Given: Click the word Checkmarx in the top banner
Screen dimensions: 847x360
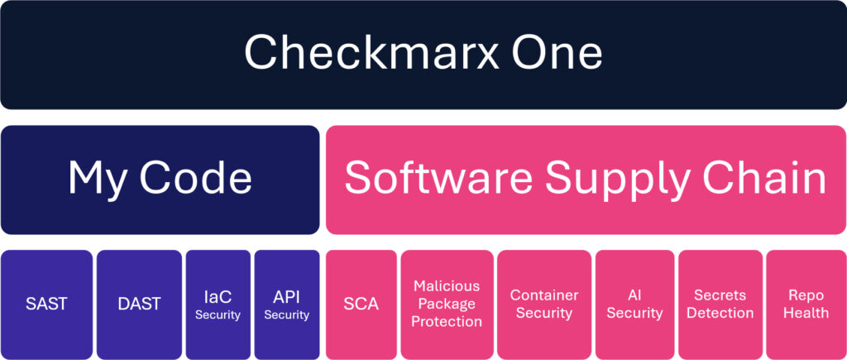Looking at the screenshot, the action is (x=366, y=52).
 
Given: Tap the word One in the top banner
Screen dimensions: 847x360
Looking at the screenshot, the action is (x=557, y=52).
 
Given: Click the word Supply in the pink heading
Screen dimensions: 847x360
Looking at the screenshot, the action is (x=619, y=180).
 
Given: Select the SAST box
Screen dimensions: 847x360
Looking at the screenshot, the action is (x=46, y=305).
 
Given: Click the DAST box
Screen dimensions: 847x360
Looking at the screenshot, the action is (x=139, y=305).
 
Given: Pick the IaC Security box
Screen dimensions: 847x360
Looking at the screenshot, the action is (x=218, y=305).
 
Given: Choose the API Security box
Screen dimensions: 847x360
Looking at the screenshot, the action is (x=287, y=305).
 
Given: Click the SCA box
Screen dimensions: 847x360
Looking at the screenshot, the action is (x=361, y=305).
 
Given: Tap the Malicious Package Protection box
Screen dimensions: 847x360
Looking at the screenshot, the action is (x=447, y=305).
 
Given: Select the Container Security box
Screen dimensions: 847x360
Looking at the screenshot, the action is (x=544, y=305).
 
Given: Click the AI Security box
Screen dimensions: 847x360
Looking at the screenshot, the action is (x=634, y=305).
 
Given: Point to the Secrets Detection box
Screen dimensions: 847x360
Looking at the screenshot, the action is (x=720, y=305).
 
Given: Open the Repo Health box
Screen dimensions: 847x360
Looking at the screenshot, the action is (x=806, y=305).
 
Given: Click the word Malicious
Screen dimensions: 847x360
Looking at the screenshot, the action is (x=447, y=286).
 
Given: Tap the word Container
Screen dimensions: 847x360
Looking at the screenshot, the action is (x=544, y=295).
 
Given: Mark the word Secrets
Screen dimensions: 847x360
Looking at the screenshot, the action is (x=720, y=295).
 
